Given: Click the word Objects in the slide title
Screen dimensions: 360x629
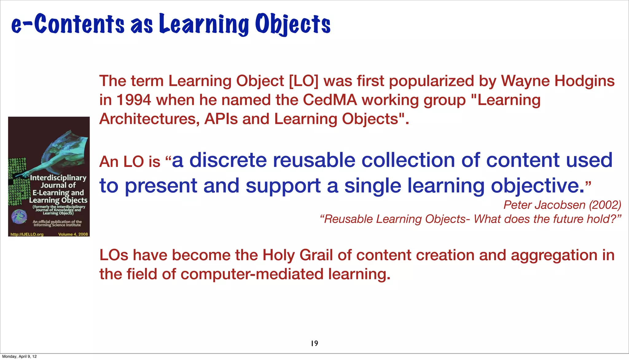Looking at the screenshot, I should tap(293, 25).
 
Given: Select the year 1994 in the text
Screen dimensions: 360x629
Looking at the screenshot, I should tap(134, 100).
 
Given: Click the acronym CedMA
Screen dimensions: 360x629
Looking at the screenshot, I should tap(330, 100).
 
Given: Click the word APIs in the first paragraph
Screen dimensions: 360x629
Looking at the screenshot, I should tap(221, 119).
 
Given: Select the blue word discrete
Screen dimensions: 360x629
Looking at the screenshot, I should tap(228, 161).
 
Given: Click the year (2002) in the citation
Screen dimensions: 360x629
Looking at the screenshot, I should tap(605, 205).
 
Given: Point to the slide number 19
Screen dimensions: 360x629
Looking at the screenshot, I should tap(314, 343).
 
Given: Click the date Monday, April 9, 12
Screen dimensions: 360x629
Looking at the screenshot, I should tap(19, 357).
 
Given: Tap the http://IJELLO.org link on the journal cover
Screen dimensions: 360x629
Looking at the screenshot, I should tap(27, 234).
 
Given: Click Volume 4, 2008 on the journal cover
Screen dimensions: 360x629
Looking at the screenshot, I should tap(73, 234).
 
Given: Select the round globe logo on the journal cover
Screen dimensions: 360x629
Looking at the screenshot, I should tap(19, 217).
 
